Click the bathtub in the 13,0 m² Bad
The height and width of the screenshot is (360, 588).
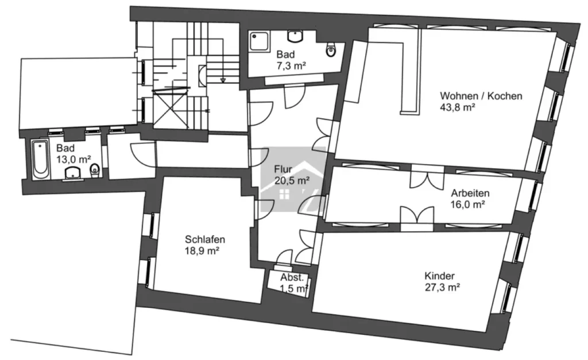coord(40,159)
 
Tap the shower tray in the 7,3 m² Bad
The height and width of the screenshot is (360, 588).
coord(260,41)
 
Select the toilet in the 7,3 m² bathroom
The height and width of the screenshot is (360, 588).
coord(330,49)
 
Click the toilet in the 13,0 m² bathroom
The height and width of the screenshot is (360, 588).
coord(95,171)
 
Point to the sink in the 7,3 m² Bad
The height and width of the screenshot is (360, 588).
coord(296,36)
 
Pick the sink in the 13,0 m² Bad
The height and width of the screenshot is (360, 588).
coord(73,173)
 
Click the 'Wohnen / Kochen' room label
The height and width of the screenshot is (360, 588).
coord(481,96)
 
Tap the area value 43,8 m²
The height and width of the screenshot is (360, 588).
coord(458,107)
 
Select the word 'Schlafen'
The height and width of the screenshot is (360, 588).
coord(205,239)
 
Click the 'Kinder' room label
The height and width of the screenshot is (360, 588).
coord(439,276)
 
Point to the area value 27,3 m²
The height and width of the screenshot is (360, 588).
coord(442,287)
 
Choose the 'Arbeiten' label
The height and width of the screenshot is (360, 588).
coord(470,193)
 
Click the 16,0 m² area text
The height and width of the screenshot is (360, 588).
coord(468,204)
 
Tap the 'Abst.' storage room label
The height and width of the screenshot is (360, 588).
coord(292,277)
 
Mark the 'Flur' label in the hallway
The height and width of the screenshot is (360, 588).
coord(283,169)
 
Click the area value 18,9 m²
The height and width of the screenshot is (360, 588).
coord(202,250)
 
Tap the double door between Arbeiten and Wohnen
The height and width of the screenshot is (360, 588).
coord(427,176)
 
